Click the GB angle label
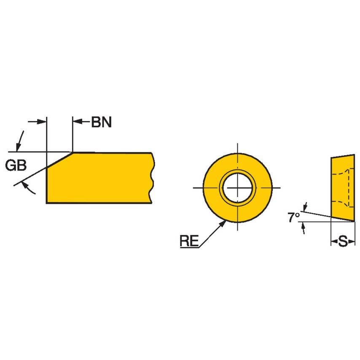coord(16,165)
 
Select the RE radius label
coord(188,241)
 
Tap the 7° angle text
coord(294,218)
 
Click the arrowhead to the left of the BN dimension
coord(42,122)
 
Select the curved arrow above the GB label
coord(19,141)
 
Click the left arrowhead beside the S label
coord(333,242)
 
